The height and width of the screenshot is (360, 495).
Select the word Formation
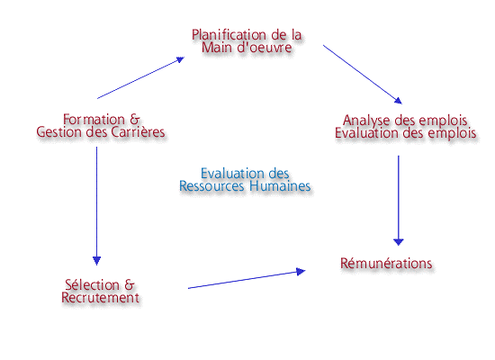point(94,120)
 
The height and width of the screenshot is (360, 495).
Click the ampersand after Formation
point(134,120)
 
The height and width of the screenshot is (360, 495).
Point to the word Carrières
point(138,132)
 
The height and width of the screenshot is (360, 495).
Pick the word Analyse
point(366,121)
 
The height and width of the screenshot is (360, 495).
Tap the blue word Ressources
point(211,185)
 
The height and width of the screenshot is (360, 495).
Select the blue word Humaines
point(280,185)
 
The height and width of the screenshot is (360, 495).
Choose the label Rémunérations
point(386,264)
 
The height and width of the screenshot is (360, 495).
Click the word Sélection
point(92,284)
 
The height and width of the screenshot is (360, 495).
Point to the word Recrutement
point(101,298)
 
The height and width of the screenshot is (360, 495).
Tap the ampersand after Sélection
point(130,284)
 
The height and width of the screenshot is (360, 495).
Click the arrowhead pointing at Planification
point(180,59)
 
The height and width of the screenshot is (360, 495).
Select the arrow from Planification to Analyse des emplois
point(363,75)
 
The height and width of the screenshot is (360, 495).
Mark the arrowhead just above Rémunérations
point(399,242)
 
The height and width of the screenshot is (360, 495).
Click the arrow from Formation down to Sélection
point(96,206)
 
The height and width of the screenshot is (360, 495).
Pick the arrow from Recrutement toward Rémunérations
point(247,279)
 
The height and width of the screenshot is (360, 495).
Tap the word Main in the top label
point(216,48)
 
